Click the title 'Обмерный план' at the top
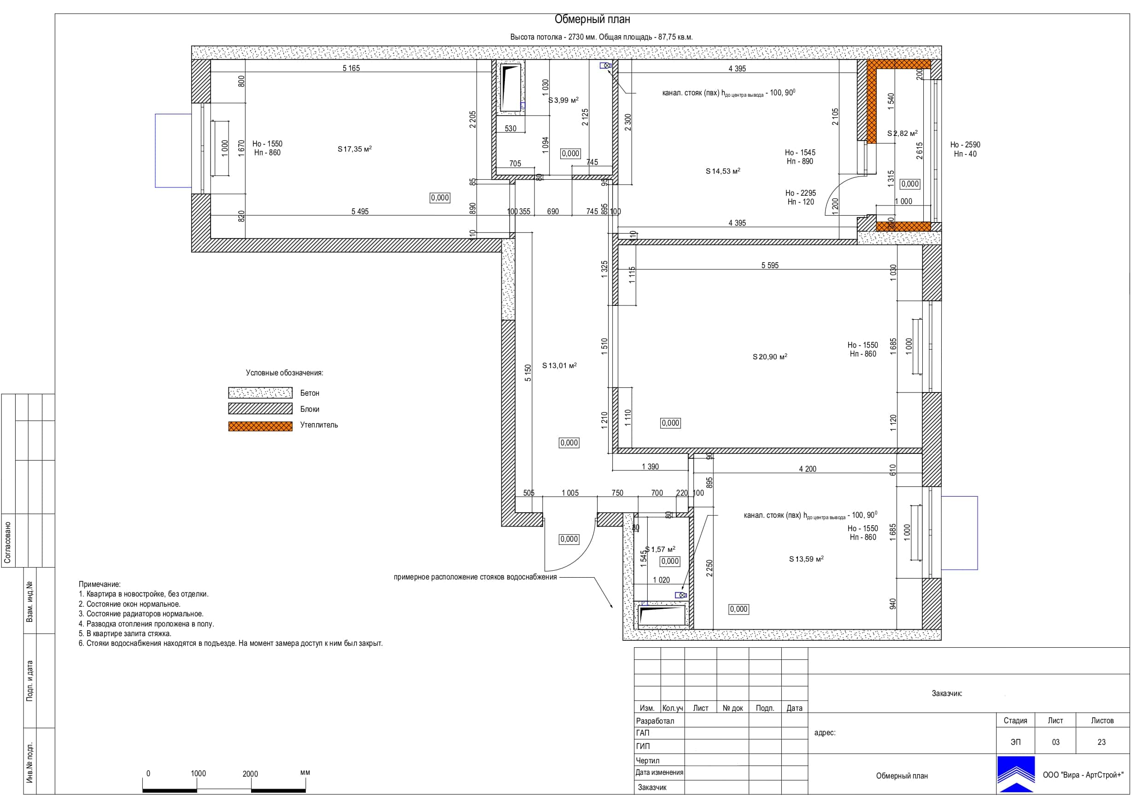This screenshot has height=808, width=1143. pyautogui.click(x=592, y=19)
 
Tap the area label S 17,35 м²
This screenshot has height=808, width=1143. pyautogui.click(x=354, y=149)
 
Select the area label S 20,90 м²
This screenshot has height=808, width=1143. pyautogui.click(x=770, y=357)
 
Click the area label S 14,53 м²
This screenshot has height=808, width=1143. pyautogui.click(x=723, y=171)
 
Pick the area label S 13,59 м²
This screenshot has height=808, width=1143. pyautogui.click(x=806, y=559)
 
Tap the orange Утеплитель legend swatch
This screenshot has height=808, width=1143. pyautogui.click(x=260, y=426)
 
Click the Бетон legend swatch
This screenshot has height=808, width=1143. pyautogui.click(x=260, y=393)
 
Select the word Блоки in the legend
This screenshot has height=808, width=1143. pyautogui.click(x=310, y=409)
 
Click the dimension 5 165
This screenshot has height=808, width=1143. pyautogui.click(x=351, y=68)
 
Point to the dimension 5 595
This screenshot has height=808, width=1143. pyautogui.click(x=770, y=265)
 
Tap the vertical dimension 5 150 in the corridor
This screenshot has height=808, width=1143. pyautogui.click(x=528, y=373)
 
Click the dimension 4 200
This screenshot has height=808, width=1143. pyautogui.click(x=808, y=469)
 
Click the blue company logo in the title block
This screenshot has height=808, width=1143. pyautogui.click(x=1015, y=774)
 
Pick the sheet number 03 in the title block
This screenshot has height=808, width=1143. pyautogui.click(x=1055, y=742)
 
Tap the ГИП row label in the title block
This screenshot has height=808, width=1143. pyautogui.click(x=643, y=746)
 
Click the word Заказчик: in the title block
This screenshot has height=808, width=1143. pyautogui.click(x=947, y=693)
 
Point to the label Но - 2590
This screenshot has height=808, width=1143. pyautogui.click(x=965, y=145)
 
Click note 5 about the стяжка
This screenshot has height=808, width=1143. pyautogui.click(x=125, y=634)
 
